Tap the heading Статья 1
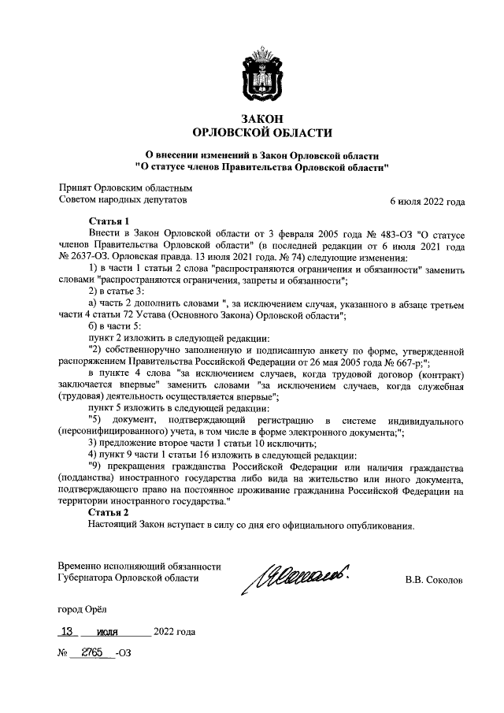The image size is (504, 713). [109, 222]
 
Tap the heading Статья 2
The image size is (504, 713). [109, 513]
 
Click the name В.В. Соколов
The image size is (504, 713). [434, 581]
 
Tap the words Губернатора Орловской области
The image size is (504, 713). [129, 578]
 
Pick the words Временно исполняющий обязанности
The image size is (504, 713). [140, 566]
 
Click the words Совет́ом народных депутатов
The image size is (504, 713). [124, 201]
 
